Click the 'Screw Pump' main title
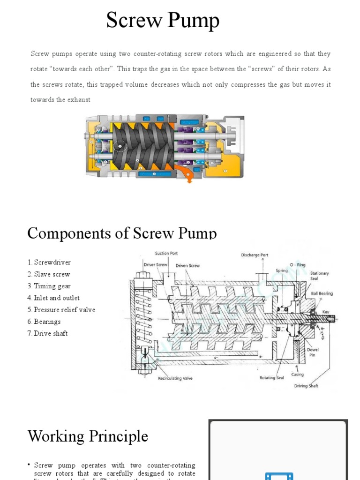[162, 21]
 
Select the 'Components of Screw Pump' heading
[122, 233]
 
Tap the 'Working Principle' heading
[88, 436]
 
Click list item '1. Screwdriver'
[49, 262]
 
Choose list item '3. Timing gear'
[49, 286]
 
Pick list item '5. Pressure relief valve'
[61, 310]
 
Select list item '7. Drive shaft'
[47, 333]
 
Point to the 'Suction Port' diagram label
[166, 254]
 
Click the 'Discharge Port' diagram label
[255, 255]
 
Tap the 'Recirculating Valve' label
[175, 378]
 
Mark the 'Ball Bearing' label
[322, 293]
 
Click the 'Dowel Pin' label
[312, 352]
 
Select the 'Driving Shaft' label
[307, 386]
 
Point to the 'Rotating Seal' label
[272, 377]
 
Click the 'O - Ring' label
[297, 265]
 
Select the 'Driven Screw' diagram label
[187, 265]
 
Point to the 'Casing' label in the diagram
[297, 374]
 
